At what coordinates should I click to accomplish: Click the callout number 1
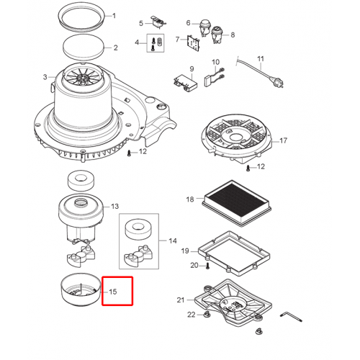(114, 16)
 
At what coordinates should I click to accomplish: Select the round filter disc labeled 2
(84, 47)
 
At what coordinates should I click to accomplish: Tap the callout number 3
(45, 77)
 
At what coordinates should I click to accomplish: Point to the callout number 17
(283, 140)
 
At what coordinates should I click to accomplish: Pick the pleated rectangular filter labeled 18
(237, 204)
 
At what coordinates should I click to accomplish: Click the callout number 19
(185, 251)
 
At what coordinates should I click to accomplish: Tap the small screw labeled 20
(207, 266)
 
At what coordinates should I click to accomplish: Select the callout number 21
(181, 300)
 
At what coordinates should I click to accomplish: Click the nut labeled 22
(205, 314)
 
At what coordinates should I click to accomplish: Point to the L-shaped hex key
(291, 316)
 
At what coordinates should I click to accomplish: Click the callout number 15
(113, 292)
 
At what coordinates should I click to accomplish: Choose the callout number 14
(173, 240)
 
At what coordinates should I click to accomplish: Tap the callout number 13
(114, 207)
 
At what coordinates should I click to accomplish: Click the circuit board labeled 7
(194, 43)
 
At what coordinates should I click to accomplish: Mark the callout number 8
(233, 35)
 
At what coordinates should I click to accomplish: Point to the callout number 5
(141, 23)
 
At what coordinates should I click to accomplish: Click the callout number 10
(215, 62)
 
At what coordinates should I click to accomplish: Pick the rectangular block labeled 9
(186, 83)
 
